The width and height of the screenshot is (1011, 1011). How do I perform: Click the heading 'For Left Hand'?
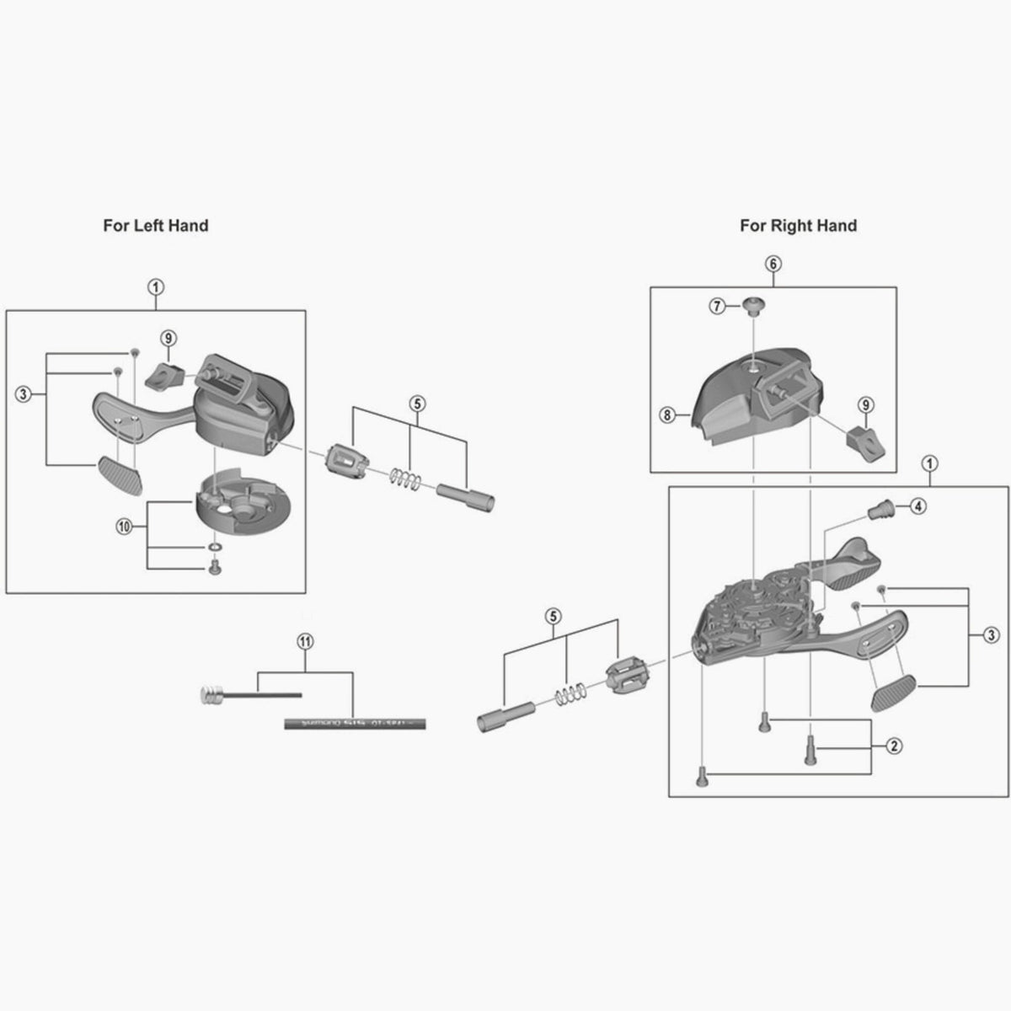pos(155,226)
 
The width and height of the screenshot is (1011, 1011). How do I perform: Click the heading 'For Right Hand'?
pos(798,226)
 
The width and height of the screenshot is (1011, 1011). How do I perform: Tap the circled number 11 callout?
pos(305,641)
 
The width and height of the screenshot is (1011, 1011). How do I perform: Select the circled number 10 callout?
pos(124,527)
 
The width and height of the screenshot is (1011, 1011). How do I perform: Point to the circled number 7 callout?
pos(717,307)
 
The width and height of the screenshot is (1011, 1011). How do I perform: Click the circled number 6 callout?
pos(773,263)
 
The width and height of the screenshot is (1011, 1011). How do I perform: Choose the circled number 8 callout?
pos(667,415)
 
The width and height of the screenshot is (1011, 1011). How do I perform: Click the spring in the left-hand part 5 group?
pos(406,479)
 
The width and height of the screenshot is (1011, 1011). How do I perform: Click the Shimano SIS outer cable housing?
pos(354,723)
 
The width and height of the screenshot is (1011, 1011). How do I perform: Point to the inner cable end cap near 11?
pos(211,695)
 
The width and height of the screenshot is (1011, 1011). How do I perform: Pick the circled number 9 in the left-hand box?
pos(168,339)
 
